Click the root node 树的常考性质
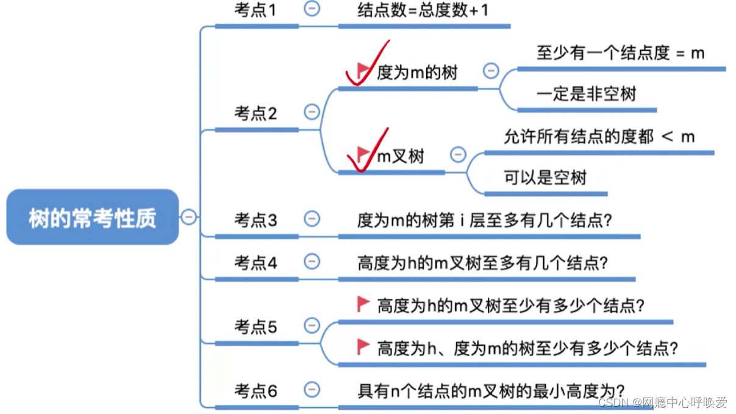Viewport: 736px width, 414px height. coord(93,218)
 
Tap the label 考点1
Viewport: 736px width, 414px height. coord(255,10)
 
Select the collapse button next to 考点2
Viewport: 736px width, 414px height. coord(312,112)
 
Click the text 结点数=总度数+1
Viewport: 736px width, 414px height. coord(423,10)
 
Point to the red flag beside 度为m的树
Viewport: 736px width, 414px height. coord(363,71)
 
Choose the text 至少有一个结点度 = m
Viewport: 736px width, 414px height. coord(620,53)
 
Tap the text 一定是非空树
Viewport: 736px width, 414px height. coord(586,94)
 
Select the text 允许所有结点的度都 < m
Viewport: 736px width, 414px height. coord(599,137)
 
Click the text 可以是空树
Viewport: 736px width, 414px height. coord(545,177)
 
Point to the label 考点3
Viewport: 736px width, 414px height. coord(255,219)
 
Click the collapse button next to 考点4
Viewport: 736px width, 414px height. coord(312,262)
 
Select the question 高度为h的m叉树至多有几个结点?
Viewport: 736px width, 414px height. coord(482,263)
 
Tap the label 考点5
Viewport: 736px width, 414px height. coord(255,327)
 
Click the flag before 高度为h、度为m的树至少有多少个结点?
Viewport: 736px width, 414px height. coord(363,347)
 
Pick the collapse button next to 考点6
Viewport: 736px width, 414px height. coord(312,389)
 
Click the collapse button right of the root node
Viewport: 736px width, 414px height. coord(189,216)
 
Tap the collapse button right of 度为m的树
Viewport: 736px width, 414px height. coord(491,71)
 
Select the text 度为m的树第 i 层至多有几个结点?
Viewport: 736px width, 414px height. coord(484,220)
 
